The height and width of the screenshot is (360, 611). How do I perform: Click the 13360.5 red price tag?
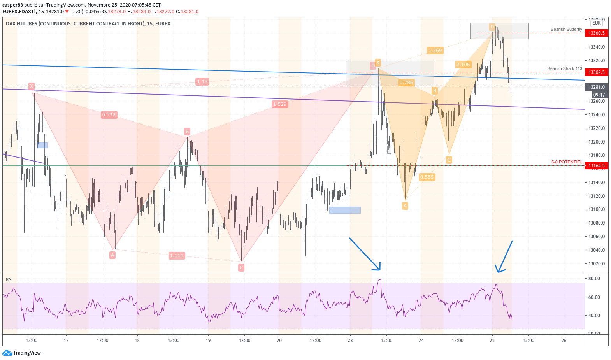596,33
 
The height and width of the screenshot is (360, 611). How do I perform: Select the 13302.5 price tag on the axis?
596,72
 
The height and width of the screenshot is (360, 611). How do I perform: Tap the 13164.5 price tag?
596,166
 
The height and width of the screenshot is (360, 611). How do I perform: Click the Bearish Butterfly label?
566,30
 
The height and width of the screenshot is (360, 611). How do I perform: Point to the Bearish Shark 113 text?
564,69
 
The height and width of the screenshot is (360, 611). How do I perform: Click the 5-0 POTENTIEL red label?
567,162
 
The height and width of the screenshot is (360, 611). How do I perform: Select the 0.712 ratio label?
109,115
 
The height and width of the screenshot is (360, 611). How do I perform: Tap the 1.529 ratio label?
280,104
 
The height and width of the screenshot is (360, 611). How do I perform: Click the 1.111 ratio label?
177,256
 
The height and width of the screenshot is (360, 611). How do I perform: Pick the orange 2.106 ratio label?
463,65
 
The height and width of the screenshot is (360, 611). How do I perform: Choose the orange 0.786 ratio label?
406,83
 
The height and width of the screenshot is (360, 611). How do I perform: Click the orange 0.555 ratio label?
427,177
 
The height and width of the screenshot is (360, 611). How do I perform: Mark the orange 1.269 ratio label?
435,51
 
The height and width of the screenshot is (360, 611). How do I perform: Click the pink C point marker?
241,268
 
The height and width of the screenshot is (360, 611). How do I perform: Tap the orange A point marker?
405,206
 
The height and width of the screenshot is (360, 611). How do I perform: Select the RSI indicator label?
9,280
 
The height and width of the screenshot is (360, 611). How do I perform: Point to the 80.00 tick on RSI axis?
594,279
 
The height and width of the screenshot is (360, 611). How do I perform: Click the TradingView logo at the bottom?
22,353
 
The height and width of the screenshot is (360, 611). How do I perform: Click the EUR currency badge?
596,23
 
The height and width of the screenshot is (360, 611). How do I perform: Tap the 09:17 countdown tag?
599,95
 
